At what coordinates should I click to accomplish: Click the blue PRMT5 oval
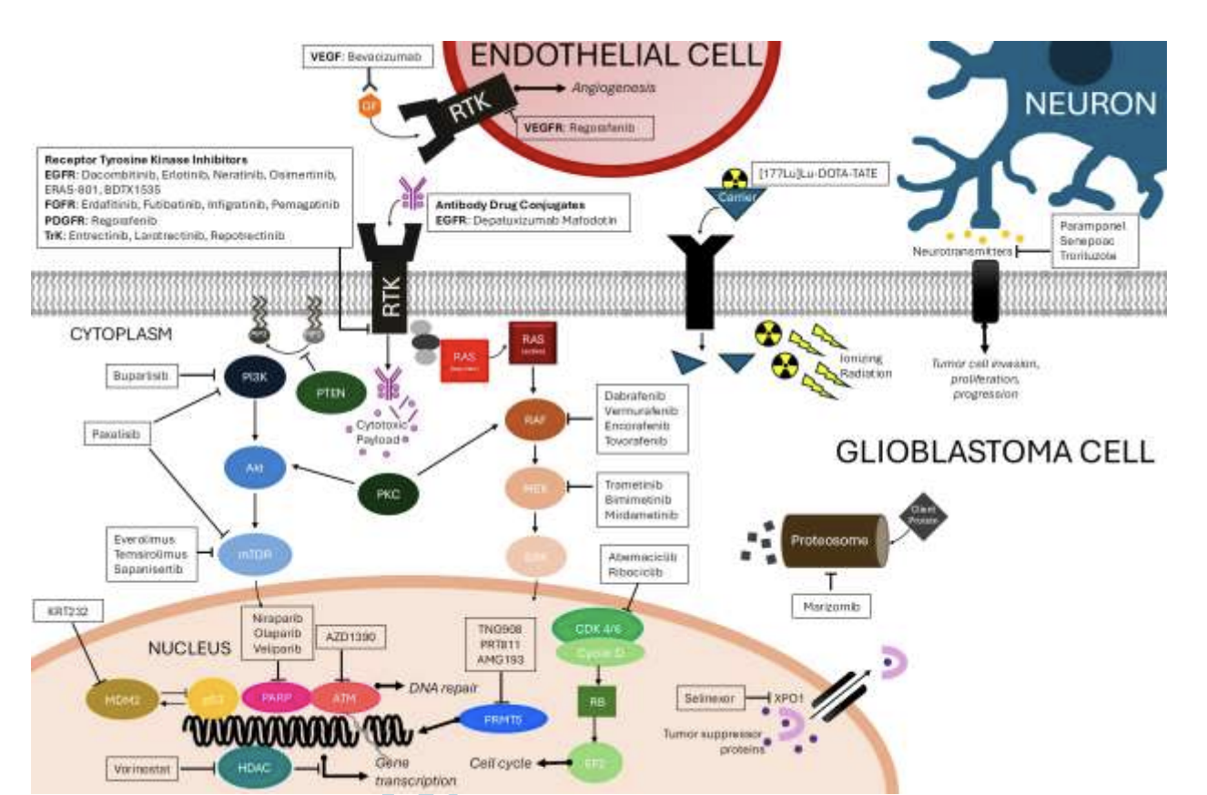tap(503, 720)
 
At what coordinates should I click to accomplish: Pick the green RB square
tap(598, 702)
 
